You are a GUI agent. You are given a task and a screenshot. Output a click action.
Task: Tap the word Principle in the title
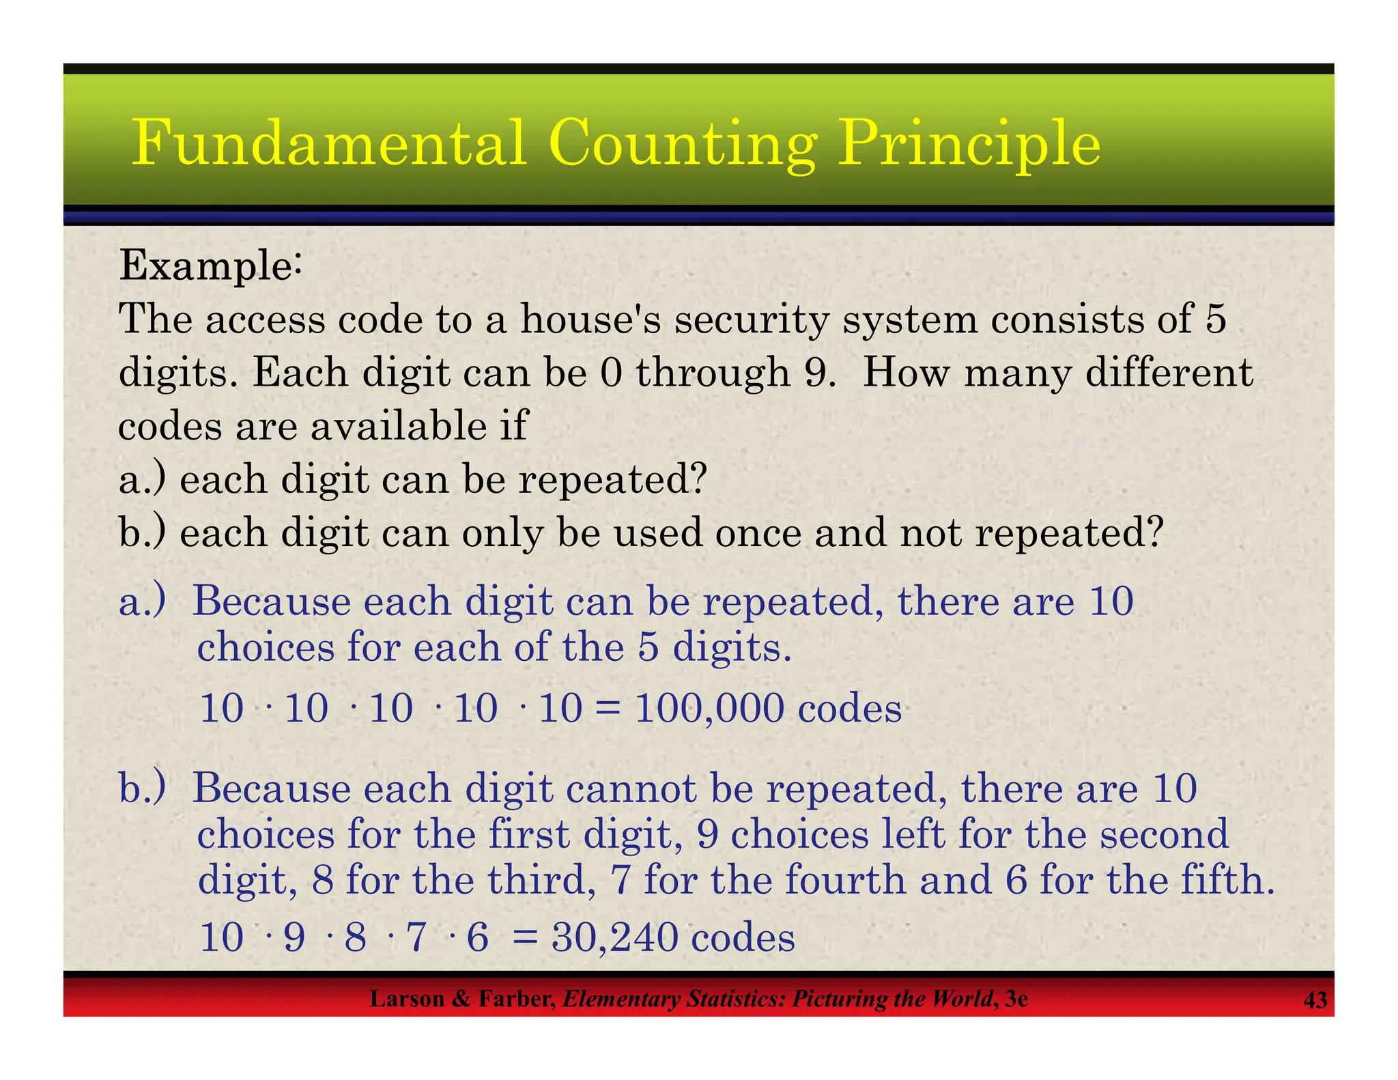[969, 145]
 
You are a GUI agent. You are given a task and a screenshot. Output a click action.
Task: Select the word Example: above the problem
[210, 266]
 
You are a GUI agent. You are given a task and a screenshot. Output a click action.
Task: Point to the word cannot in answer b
[631, 788]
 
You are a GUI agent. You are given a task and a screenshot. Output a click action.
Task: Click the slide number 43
[1315, 1000]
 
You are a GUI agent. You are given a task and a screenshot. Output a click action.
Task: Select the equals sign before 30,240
[525, 937]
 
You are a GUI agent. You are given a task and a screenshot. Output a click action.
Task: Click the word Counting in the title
[682, 145]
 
